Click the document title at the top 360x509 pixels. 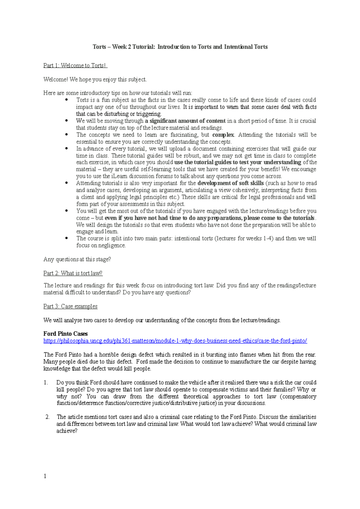(180, 47)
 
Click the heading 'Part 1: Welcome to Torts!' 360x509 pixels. (75, 65)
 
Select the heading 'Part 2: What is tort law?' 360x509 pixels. (73, 273)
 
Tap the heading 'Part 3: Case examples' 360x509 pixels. (70, 306)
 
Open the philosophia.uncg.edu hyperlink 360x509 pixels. (175, 341)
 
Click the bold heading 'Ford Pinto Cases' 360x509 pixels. (65, 334)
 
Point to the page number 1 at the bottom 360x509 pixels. (45, 476)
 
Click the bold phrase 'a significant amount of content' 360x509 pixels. (185, 121)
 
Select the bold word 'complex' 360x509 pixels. (223, 135)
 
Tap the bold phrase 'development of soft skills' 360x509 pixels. (230, 183)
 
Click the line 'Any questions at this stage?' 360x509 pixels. (77, 259)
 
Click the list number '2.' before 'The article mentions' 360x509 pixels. (47, 417)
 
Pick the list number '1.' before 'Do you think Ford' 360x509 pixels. (46, 382)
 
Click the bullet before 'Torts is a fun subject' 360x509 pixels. (67, 100)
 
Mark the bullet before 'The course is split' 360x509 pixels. (67, 238)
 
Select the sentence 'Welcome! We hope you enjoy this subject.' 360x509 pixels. (95, 79)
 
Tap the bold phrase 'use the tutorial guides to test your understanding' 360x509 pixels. (238, 162)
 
